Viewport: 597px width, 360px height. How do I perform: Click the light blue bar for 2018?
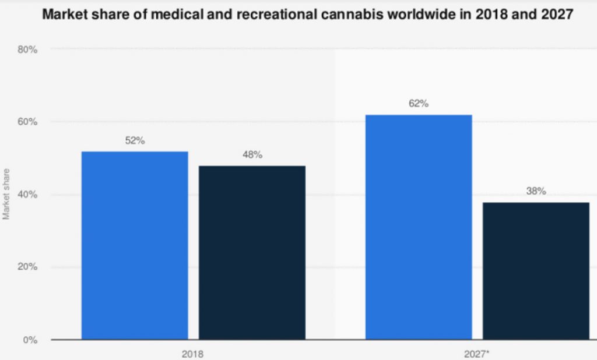[x=135, y=245]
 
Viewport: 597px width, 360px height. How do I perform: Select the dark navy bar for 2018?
[x=252, y=252]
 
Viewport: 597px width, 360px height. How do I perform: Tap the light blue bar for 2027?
[x=419, y=227]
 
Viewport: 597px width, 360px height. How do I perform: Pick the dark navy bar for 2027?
[x=536, y=270]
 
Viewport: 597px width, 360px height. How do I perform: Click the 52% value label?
[x=135, y=141]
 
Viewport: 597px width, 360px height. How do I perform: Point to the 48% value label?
[x=252, y=155]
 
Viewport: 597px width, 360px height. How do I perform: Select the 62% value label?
[x=419, y=104]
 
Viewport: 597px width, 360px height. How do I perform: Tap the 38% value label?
[x=536, y=191]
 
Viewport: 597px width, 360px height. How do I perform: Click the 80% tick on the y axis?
[x=28, y=50]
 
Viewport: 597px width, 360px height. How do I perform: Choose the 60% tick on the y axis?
[x=28, y=122]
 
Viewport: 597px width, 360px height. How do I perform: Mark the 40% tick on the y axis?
[x=28, y=195]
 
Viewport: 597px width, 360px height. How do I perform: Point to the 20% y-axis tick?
[x=28, y=267]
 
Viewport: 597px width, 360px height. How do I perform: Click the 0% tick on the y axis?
[x=30, y=340]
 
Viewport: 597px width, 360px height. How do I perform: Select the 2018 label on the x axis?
[x=193, y=353]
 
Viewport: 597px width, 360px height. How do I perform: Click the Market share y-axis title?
[x=6, y=195]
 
